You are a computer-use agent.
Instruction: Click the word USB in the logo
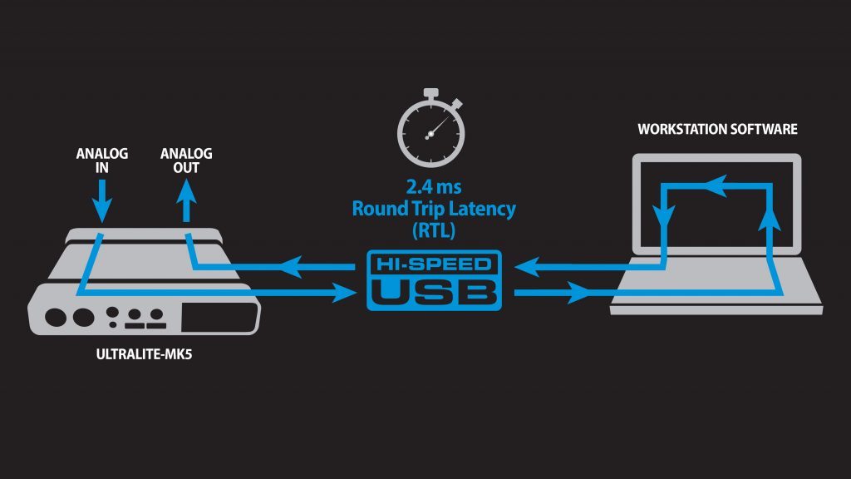[434, 292]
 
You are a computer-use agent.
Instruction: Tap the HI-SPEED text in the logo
[434, 266]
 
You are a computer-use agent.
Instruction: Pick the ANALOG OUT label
[186, 161]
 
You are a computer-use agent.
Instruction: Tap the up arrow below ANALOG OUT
[186, 196]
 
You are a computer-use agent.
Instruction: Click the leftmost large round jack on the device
[57, 317]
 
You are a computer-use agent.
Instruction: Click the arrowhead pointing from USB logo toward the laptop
[579, 292]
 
